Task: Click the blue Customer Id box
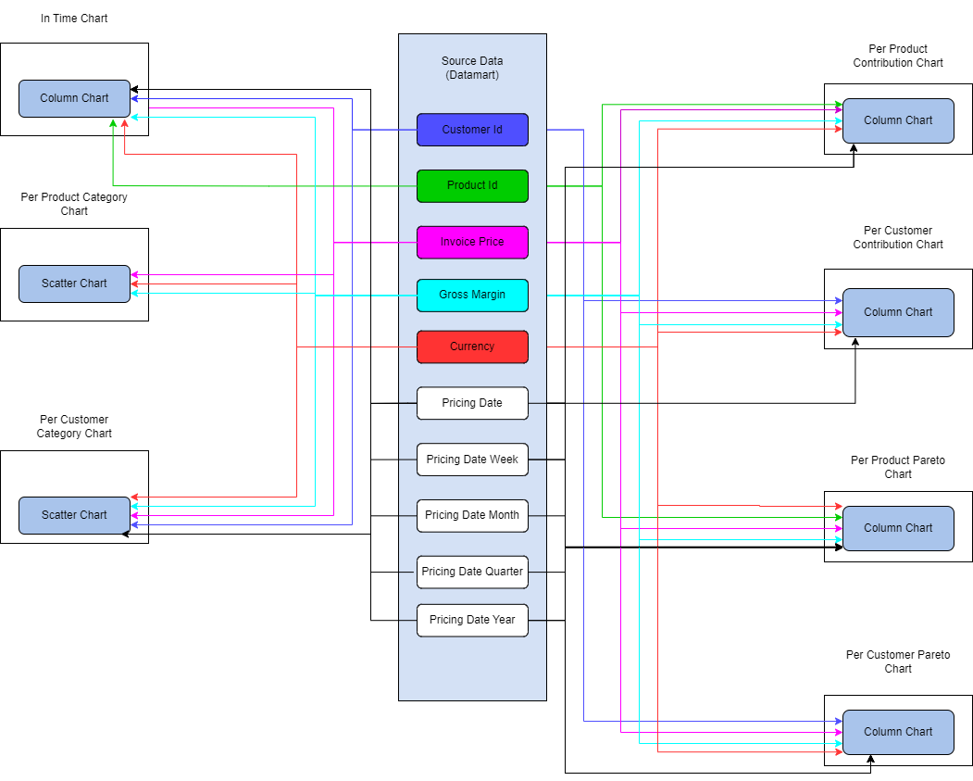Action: click(x=472, y=130)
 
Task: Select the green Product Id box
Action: click(x=472, y=186)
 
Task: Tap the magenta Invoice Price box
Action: click(x=472, y=243)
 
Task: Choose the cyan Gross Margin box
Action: click(x=472, y=296)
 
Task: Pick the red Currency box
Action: click(x=472, y=347)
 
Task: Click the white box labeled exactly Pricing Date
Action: click(x=472, y=403)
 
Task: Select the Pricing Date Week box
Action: click(x=472, y=460)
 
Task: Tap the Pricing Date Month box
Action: click(x=472, y=516)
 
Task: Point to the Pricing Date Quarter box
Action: click(x=472, y=572)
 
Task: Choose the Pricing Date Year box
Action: click(x=472, y=621)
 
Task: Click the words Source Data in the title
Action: click(x=472, y=61)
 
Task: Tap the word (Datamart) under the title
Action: click(x=472, y=75)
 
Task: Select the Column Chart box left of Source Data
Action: click(x=74, y=98)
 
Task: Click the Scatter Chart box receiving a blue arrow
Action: click(x=74, y=515)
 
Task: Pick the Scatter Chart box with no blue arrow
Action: click(x=74, y=283)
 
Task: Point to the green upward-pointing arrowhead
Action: click(x=113, y=123)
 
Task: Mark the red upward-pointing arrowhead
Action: click(x=124, y=123)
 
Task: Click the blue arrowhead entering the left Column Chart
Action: click(x=135, y=98)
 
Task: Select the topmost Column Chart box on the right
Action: click(x=898, y=120)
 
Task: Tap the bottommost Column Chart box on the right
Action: click(x=898, y=732)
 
